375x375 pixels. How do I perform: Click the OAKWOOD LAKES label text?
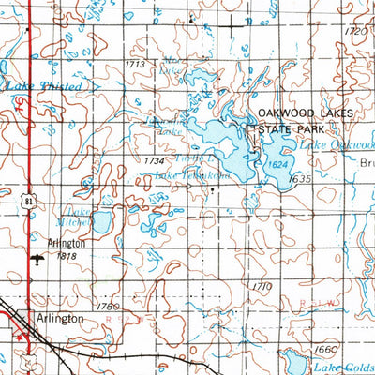tap(307, 112)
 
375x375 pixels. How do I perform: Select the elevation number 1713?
tap(136, 64)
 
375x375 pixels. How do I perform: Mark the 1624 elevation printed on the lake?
tap(275, 163)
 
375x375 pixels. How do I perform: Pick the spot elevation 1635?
tap(300, 177)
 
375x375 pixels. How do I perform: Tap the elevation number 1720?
tap(355, 32)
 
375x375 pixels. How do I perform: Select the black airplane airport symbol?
tap(38, 258)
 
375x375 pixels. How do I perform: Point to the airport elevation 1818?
tap(67, 255)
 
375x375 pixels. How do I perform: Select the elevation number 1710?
tap(262, 285)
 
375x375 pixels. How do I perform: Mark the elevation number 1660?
tap(326, 349)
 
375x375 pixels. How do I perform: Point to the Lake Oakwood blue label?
tap(336, 146)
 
